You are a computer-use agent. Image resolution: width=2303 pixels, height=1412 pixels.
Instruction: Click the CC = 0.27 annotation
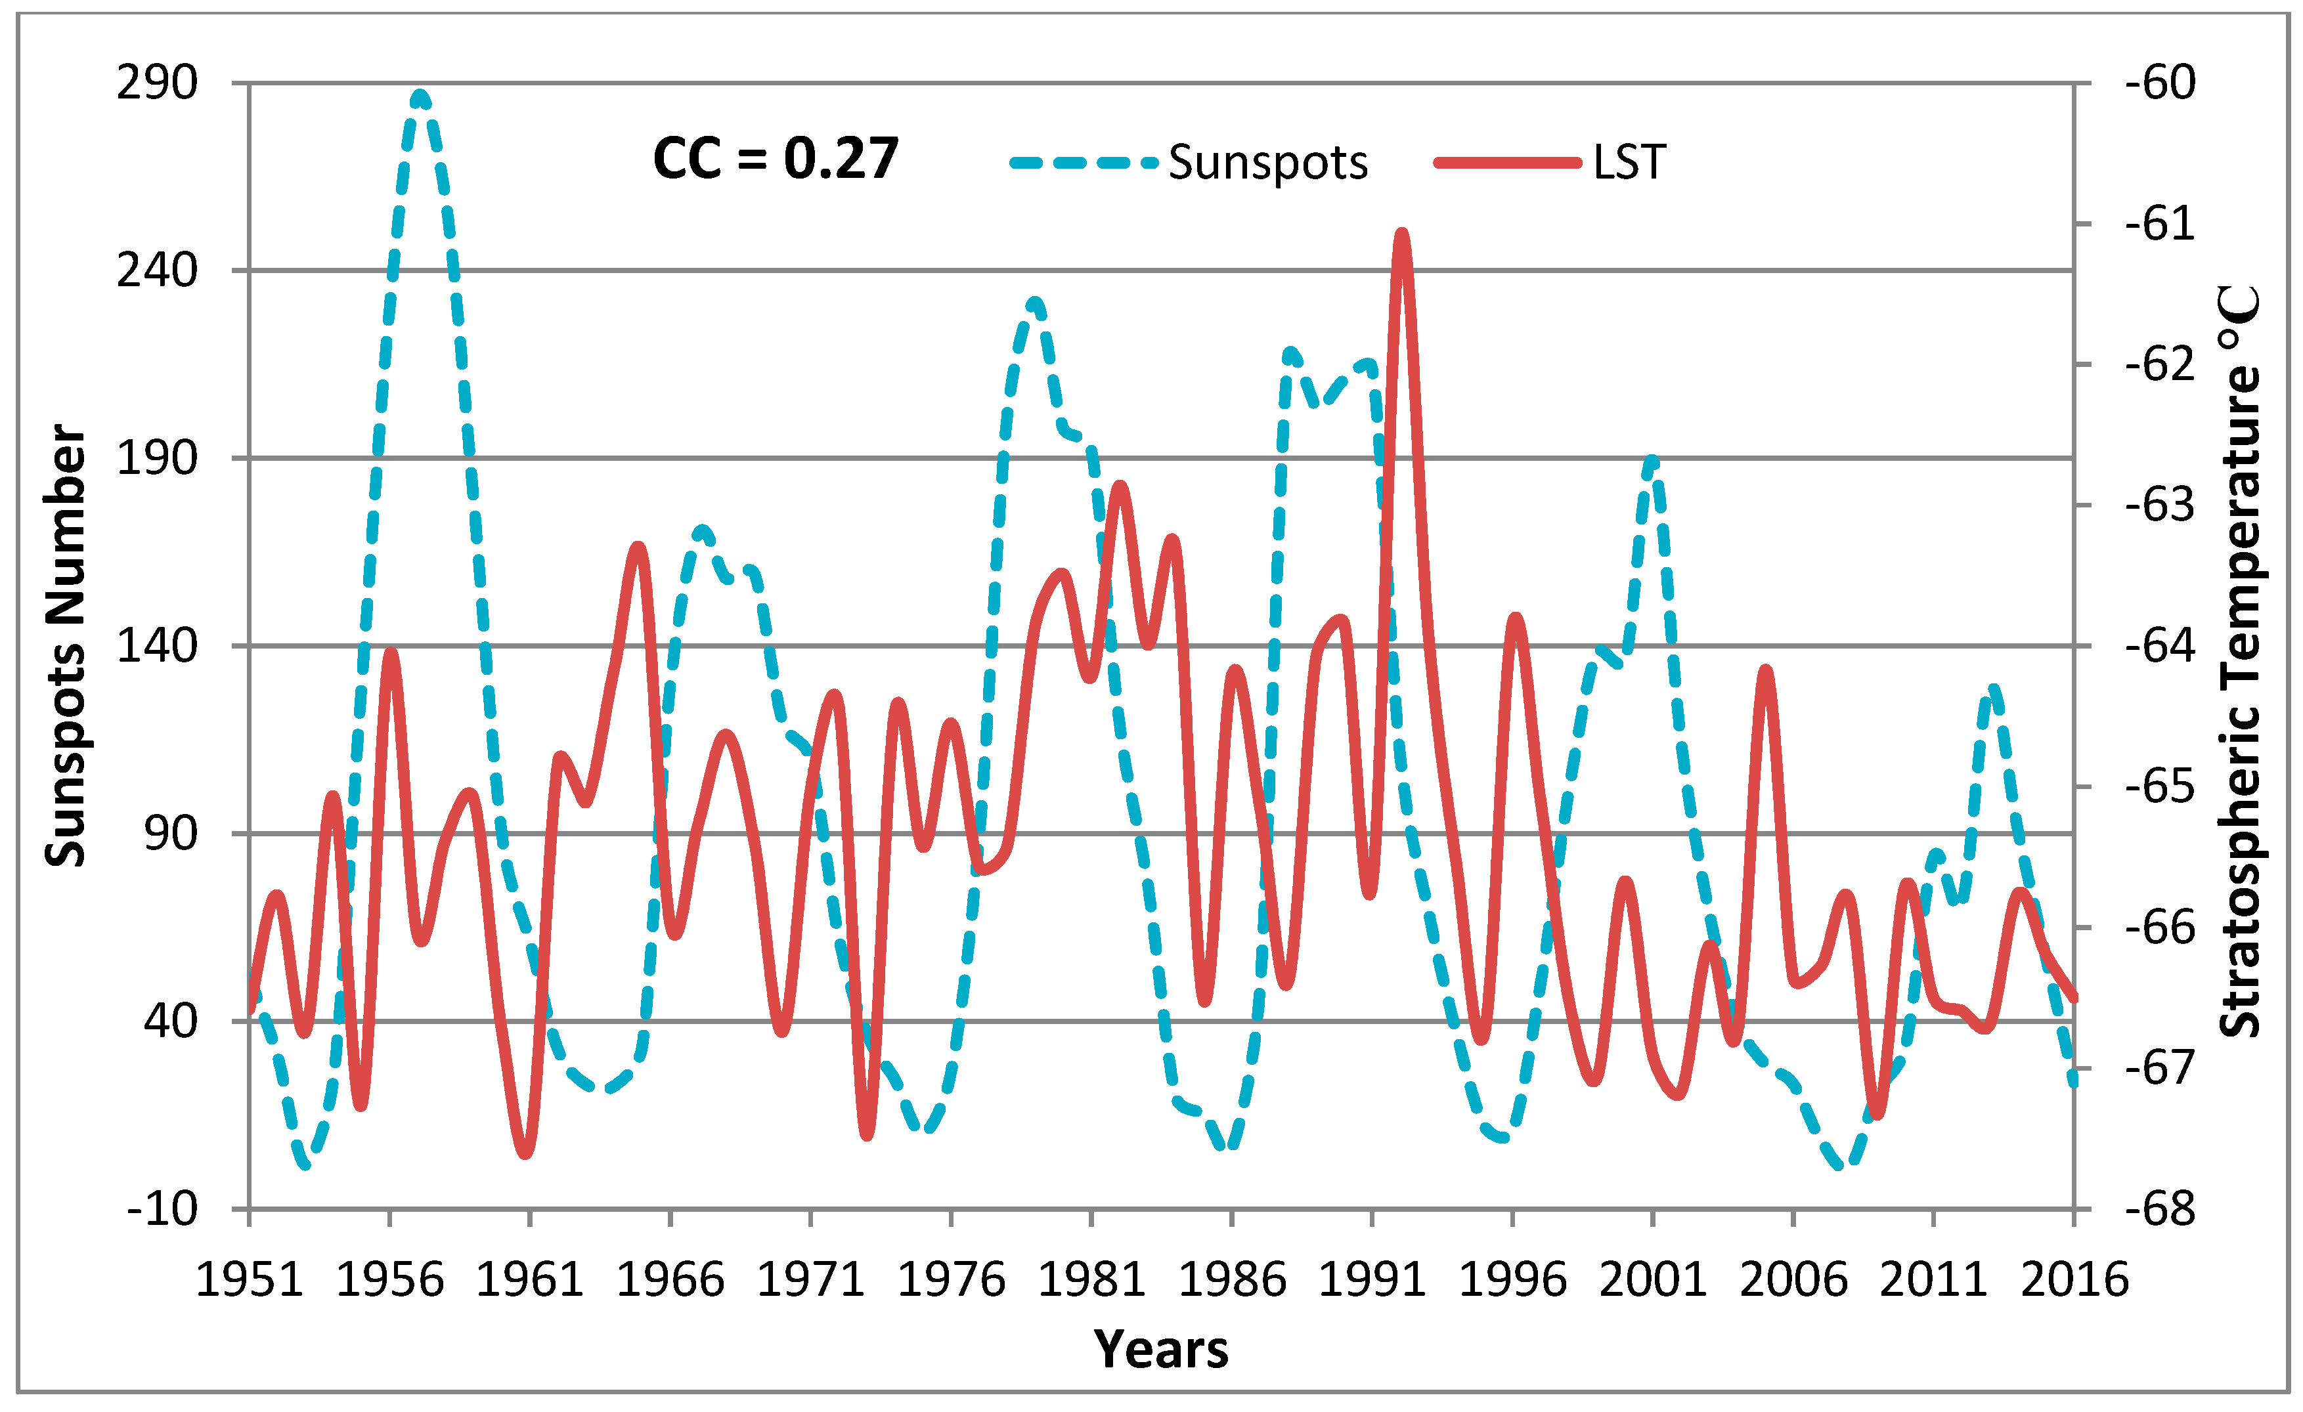point(775,158)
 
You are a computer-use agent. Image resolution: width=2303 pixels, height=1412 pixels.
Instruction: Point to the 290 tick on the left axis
point(157,83)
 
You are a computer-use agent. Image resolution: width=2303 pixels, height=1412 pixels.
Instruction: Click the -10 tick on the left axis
point(163,1209)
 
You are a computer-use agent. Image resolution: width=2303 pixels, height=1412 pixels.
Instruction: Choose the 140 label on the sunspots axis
point(157,646)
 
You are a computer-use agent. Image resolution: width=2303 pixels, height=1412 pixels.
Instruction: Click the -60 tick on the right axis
point(2160,83)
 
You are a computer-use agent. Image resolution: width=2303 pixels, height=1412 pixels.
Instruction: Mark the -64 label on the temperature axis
point(2160,646)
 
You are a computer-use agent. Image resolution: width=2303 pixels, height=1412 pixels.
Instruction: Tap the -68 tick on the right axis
point(2160,1209)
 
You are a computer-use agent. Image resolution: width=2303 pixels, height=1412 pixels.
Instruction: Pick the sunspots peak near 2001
point(1652,460)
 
